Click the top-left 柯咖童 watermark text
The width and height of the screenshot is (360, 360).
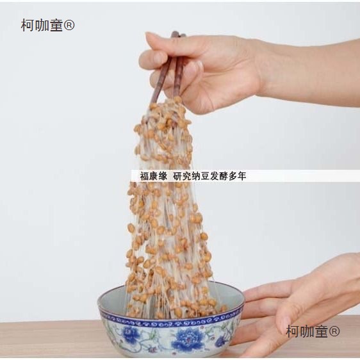point(42,25)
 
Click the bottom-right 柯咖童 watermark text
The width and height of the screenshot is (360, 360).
point(307,331)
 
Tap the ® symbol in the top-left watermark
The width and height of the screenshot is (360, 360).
point(69,25)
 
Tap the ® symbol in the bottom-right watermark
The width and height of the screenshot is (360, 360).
point(334,331)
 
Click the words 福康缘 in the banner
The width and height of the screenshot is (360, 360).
point(154,176)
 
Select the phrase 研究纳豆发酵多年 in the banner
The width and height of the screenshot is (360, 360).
point(209,176)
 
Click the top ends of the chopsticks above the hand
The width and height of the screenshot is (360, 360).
point(178,35)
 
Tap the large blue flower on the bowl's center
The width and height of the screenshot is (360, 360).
point(187,338)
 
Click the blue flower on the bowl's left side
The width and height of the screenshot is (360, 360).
point(131,333)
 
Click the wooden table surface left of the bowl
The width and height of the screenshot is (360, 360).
point(49,340)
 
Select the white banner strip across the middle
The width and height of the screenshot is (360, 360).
point(245,176)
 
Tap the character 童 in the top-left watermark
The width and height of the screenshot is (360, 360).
point(56,25)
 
